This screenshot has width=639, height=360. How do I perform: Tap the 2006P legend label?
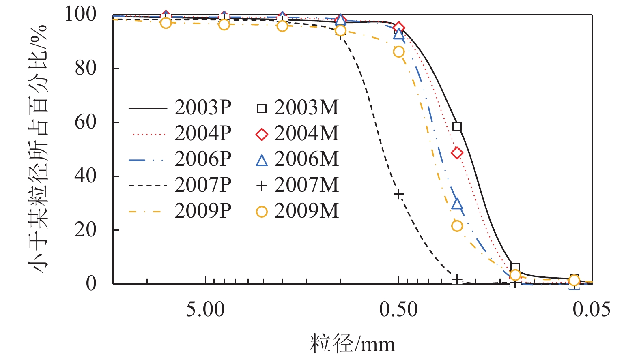(x=203, y=159)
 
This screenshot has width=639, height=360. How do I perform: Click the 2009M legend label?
(x=306, y=211)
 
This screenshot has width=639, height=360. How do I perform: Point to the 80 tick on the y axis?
(x=86, y=68)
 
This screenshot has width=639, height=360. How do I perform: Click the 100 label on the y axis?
(x=81, y=14)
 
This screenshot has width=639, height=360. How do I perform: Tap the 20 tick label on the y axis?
(x=86, y=229)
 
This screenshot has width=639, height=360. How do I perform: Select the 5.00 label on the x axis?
(x=205, y=310)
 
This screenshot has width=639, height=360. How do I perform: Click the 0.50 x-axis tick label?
(x=398, y=310)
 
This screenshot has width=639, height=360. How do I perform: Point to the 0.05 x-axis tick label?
(x=592, y=310)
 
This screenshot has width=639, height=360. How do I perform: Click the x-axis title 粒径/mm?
(x=352, y=344)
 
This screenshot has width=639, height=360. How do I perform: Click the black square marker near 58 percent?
(x=457, y=126)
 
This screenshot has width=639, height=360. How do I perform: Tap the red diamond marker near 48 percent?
(x=457, y=153)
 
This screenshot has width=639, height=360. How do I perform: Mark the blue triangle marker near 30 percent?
(x=457, y=204)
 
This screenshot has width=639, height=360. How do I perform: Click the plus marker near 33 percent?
(x=399, y=194)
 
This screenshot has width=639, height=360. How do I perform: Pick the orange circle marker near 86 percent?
(x=399, y=52)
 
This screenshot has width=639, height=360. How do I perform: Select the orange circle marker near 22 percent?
(x=457, y=226)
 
